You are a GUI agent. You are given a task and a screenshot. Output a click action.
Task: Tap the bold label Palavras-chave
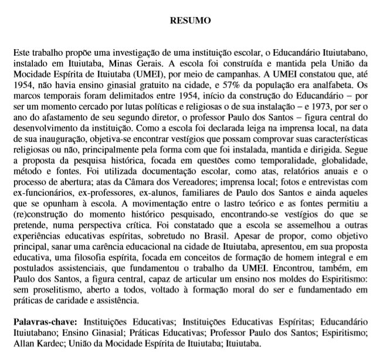[44, 322]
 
